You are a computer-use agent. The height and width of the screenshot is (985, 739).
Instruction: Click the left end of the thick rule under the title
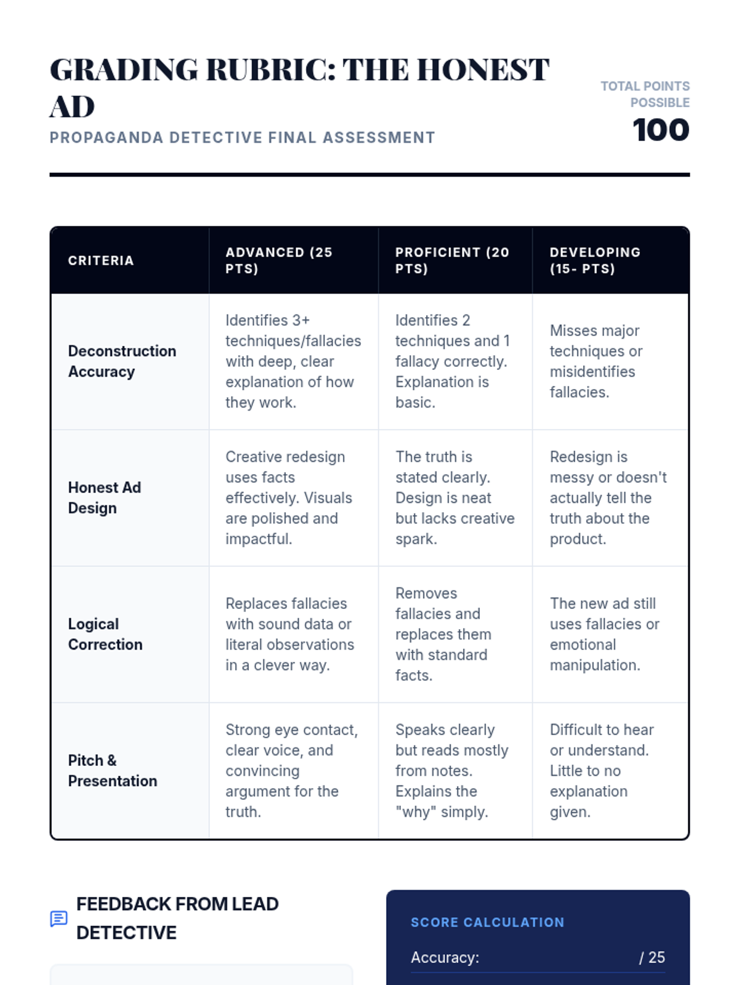[x=50, y=175]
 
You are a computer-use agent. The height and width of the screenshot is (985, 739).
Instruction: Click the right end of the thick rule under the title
[x=690, y=175]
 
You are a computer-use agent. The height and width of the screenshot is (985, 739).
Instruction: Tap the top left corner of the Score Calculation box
[x=387, y=890]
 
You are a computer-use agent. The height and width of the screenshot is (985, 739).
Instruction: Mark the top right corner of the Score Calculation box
[x=690, y=890]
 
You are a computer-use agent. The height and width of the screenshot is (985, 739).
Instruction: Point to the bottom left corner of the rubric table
[x=50, y=839]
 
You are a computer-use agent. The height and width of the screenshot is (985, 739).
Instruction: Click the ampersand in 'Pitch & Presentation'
[x=111, y=760]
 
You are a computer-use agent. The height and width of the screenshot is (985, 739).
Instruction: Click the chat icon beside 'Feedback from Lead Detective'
[x=59, y=919]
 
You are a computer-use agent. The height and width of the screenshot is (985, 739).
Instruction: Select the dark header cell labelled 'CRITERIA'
[x=130, y=260]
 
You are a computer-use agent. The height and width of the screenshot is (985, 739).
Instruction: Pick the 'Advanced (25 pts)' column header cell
[x=294, y=260]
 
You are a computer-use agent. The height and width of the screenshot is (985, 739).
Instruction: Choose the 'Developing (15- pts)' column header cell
[x=610, y=260]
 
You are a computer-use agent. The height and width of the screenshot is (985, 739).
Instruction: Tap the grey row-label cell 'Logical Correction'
[x=130, y=634]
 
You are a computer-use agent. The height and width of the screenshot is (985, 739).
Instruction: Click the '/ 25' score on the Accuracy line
[x=652, y=957]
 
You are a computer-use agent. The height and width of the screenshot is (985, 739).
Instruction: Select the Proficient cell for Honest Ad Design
[x=456, y=497]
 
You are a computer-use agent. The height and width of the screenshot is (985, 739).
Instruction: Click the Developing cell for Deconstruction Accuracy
[x=610, y=361]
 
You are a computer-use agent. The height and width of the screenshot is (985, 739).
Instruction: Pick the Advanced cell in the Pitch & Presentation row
[x=294, y=771]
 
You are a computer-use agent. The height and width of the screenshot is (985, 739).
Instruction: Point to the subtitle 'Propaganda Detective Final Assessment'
[x=242, y=137]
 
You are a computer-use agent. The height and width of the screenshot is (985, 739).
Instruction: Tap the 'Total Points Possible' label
[x=645, y=94]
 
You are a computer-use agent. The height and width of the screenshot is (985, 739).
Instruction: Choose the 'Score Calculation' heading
[x=487, y=922]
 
